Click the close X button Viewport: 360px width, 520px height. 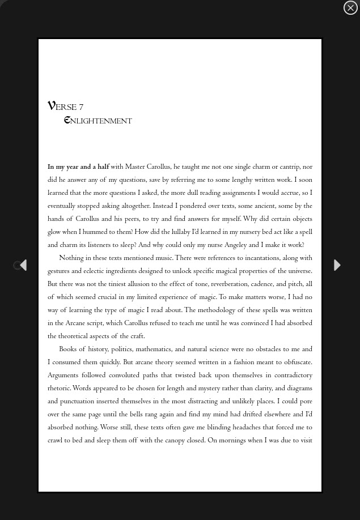[x=350, y=7]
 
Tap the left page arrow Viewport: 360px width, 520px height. [x=23, y=265]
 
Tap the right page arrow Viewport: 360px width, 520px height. [x=337, y=265]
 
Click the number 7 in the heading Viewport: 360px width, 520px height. [x=81, y=108]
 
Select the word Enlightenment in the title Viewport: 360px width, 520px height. [x=98, y=121]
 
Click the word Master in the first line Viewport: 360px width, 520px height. [x=135, y=167]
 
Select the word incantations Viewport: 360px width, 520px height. [x=262, y=258]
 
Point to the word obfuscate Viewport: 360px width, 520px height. [x=294, y=363]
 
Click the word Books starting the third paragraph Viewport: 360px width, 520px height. [x=68, y=349]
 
